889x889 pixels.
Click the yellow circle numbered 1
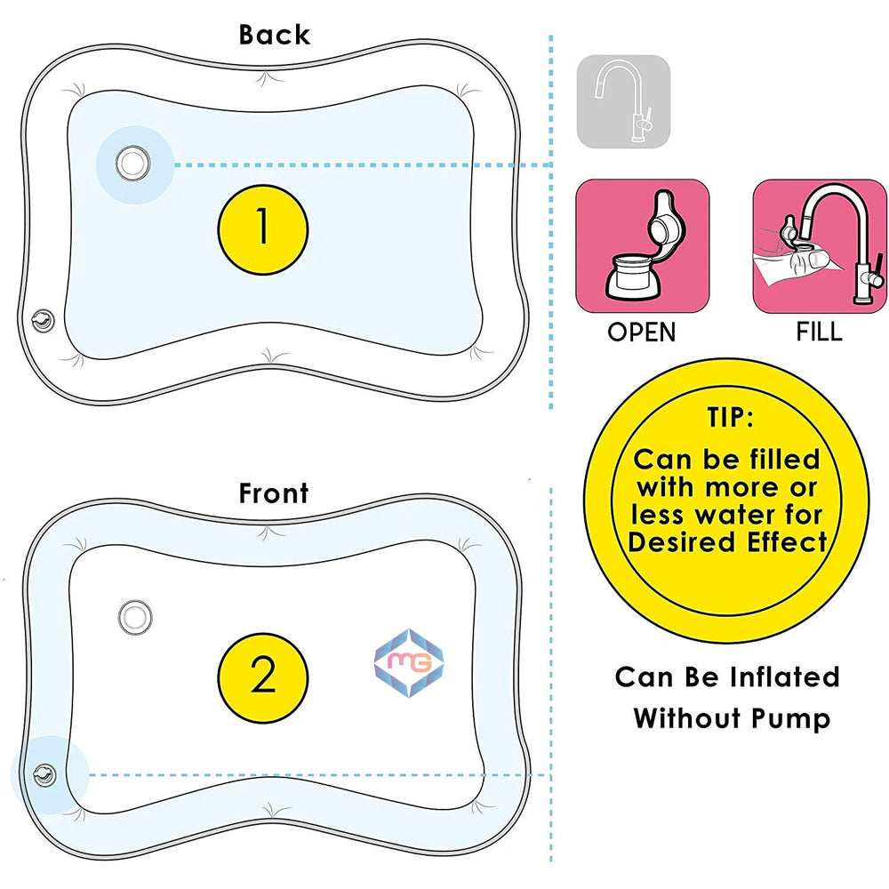[262, 228]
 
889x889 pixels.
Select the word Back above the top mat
[274, 35]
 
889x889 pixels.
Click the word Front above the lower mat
[273, 493]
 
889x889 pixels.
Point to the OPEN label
[642, 332]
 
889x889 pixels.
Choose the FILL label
[819, 332]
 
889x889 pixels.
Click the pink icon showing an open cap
[642, 246]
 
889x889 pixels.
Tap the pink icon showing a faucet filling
[819, 246]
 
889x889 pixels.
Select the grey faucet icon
[623, 100]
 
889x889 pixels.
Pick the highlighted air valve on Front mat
[41, 773]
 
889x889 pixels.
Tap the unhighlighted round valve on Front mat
[136, 614]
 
